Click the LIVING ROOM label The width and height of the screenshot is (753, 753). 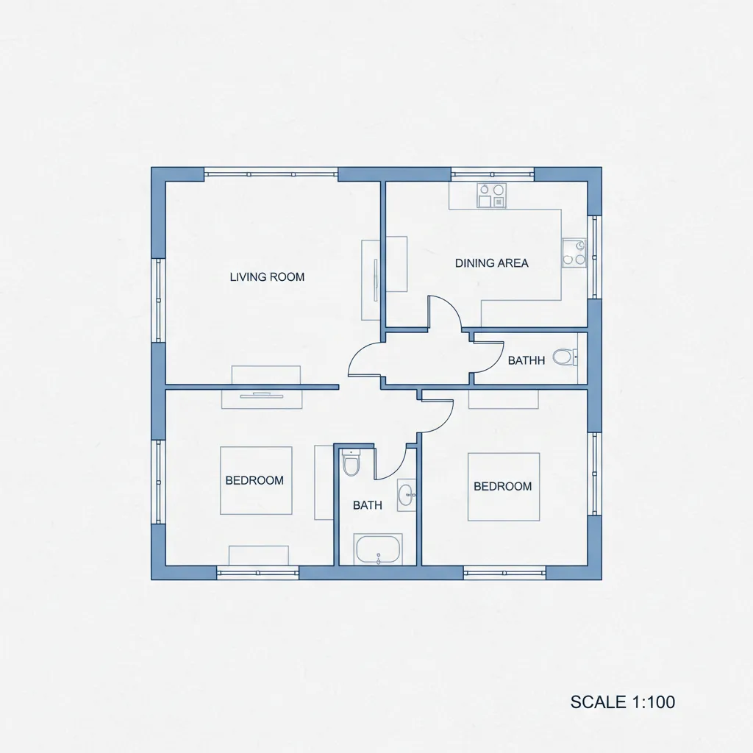pyautogui.click(x=267, y=277)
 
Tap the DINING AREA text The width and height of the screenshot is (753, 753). pyautogui.click(x=491, y=263)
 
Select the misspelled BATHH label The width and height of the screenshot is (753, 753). pyautogui.click(x=527, y=360)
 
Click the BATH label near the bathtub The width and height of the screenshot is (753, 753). pyautogui.click(x=368, y=505)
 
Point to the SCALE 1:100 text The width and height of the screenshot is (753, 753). pyautogui.click(x=622, y=702)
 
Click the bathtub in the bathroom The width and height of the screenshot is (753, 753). pyautogui.click(x=378, y=549)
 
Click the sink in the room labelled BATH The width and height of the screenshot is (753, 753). pyautogui.click(x=406, y=495)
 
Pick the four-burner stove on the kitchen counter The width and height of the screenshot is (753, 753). pyautogui.click(x=491, y=196)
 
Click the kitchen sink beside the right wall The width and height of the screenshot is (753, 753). pyautogui.click(x=574, y=253)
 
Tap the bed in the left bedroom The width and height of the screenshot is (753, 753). pyautogui.click(x=256, y=481)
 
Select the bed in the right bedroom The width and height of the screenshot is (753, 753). pyautogui.click(x=504, y=487)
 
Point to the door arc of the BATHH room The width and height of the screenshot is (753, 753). pyautogui.click(x=498, y=360)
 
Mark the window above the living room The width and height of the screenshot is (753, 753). pyautogui.click(x=271, y=174)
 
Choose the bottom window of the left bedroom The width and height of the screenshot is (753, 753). pyautogui.click(x=258, y=573)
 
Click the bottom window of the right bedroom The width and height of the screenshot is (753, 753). pyautogui.click(x=504, y=573)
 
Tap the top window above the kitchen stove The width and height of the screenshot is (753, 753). pyautogui.click(x=492, y=174)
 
